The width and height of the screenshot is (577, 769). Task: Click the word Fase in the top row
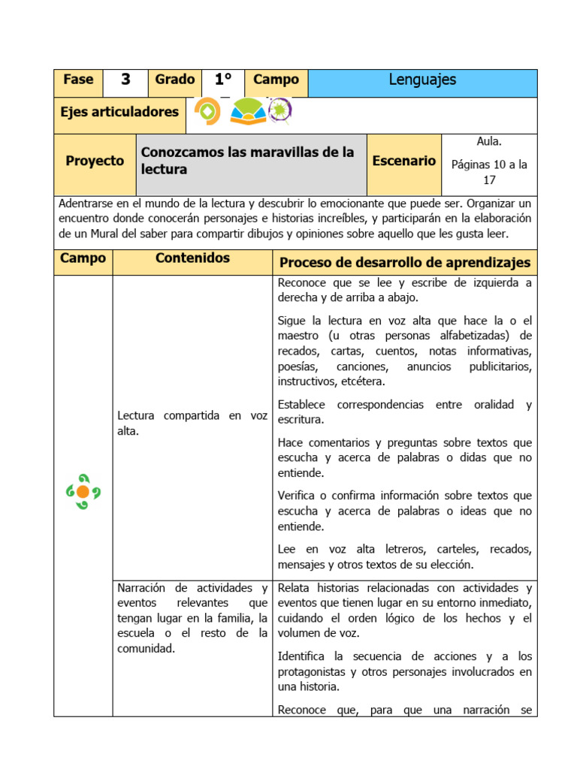coord(78,80)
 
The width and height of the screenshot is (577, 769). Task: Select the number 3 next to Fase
coord(125,80)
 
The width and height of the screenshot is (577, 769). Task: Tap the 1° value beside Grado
coord(222,80)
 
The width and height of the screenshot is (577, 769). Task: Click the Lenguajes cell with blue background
coord(422,80)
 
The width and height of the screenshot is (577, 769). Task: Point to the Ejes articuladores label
coord(119,112)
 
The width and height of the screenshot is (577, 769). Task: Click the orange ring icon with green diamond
coord(207,113)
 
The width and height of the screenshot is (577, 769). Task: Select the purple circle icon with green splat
coord(280,111)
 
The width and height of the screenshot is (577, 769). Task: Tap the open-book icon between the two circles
coord(247,112)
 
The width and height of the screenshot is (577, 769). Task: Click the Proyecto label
coord(95,161)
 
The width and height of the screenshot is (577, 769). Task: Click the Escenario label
coord(404,161)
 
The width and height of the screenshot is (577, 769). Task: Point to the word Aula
coord(489,141)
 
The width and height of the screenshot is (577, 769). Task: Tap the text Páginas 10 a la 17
coord(489,172)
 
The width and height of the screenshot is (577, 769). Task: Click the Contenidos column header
coord(192,258)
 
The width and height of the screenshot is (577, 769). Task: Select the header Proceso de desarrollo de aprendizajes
coord(404,262)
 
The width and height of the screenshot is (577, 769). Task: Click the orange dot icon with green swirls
coord(83,491)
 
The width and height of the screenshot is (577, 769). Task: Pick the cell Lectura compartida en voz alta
coord(192,423)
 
